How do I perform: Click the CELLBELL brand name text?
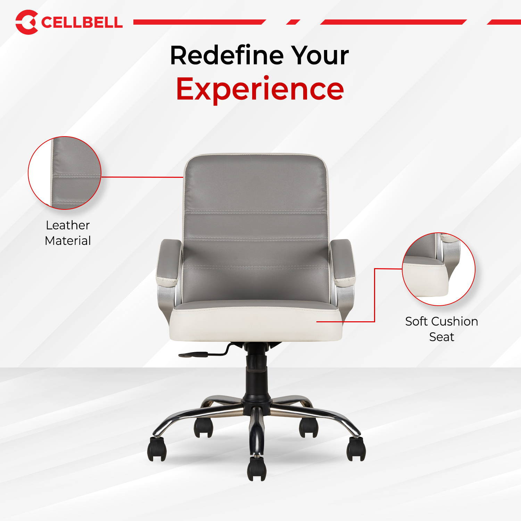pos(82,23)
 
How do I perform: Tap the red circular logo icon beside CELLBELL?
pos(26,22)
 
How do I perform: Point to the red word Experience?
pos(260,89)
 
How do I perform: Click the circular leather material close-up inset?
pos(65,173)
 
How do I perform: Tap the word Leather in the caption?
pos(68,225)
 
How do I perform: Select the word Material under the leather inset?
pos(68,241)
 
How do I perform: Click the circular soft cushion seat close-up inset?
pos(438,269)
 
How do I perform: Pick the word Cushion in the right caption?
pos(454,322)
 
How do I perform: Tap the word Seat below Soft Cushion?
pos(441,337)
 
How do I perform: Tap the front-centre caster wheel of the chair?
pos(257,469)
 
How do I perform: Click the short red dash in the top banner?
pos(293,22)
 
